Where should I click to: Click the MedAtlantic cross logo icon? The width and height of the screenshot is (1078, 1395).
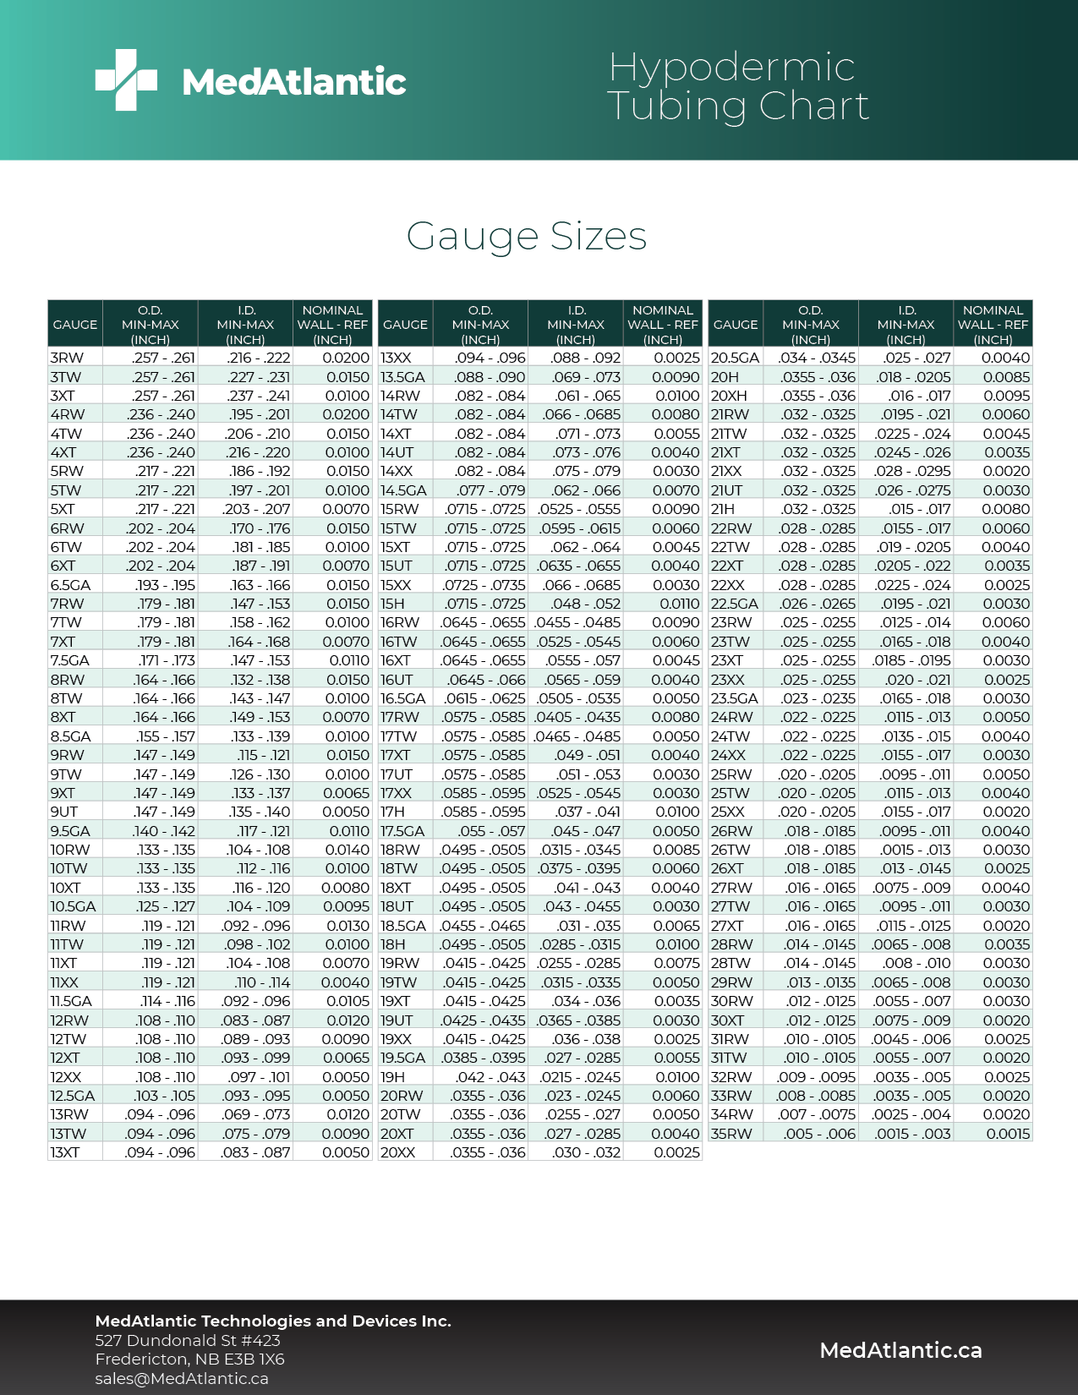click(126, 79)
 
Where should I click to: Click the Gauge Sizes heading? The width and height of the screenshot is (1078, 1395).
click(526, 236)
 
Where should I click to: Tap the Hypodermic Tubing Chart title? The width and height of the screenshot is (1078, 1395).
click(737, 86)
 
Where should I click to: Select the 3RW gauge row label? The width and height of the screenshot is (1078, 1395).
click(67, 358)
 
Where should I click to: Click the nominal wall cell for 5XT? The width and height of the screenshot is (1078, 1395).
click(346, 509)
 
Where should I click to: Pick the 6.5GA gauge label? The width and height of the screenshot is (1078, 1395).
click(71, 585)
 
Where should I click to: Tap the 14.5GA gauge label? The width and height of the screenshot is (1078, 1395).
click(403, 490)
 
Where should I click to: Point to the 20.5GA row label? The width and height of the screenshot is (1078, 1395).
click(735, 358)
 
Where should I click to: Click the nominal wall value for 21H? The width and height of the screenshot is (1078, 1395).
click(1006, 509)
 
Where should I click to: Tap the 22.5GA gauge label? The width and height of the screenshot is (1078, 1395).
click(734, 604)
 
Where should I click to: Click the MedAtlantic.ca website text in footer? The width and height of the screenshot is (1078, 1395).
click(900, 1350)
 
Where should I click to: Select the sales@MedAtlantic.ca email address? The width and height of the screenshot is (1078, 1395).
click(182, 1378)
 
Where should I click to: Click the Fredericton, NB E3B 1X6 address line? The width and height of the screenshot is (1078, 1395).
click(189, 1359)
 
